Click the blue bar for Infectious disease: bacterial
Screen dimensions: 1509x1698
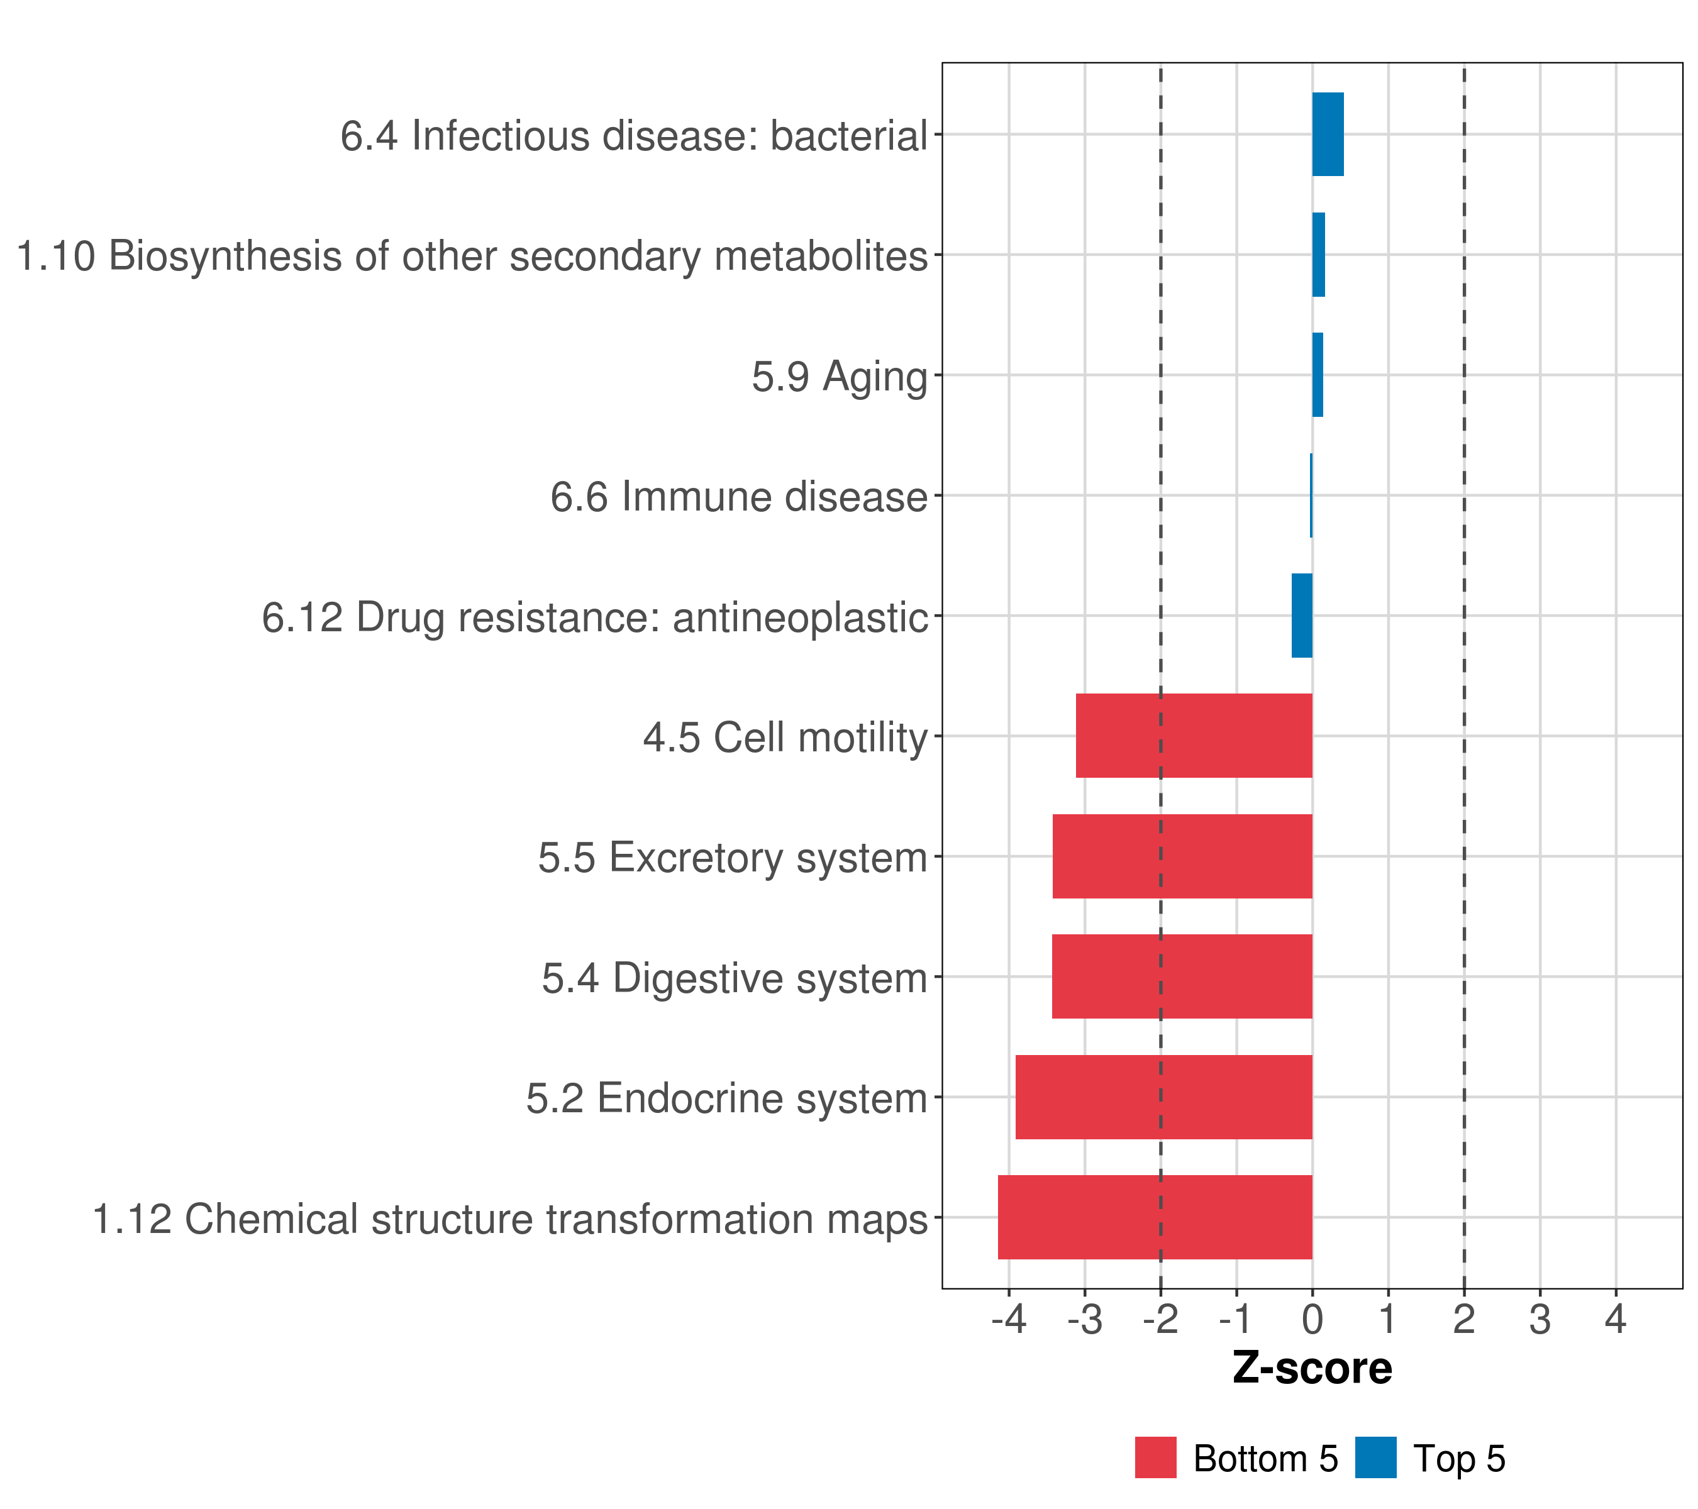1328,134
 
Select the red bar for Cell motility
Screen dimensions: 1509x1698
1194,736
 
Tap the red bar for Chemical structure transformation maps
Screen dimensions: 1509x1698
1155,1217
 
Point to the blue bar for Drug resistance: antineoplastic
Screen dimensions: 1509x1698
1302,616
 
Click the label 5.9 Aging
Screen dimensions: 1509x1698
839,376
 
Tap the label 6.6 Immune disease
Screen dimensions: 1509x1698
738,497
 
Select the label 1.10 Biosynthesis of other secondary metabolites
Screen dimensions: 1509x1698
472,256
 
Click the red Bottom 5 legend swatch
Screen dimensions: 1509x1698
1155,1457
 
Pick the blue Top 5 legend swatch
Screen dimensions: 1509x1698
1375,1457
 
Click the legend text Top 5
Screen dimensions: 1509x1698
1460,1458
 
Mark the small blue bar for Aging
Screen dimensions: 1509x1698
1318,375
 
